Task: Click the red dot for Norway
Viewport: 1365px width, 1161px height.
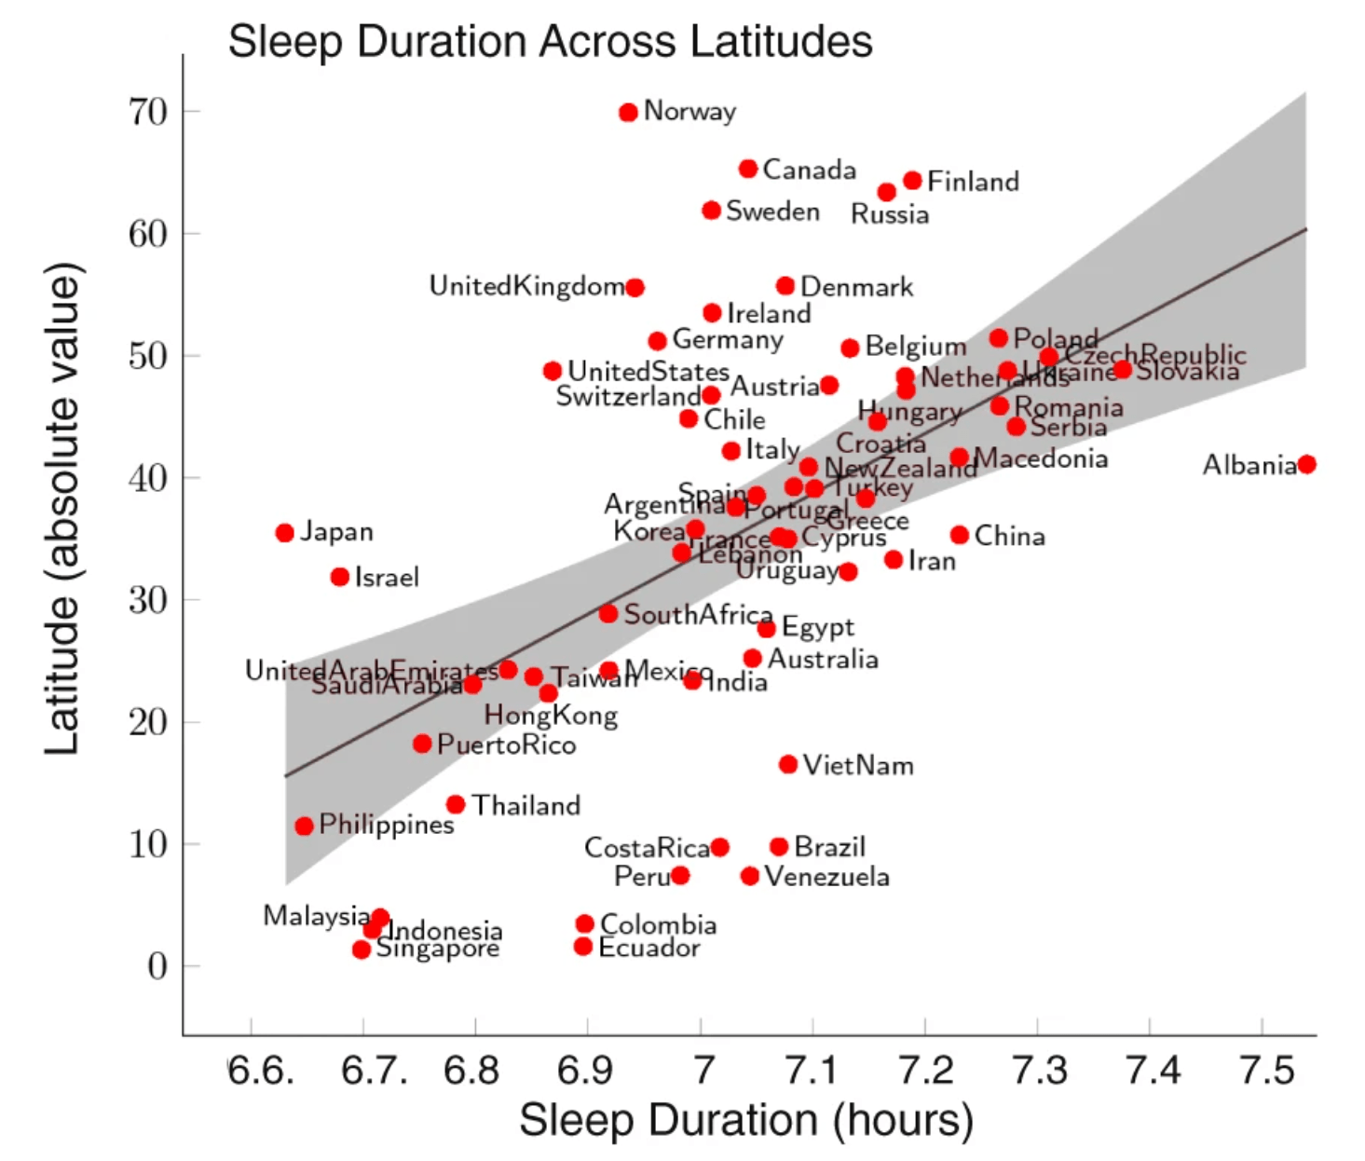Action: pyautogui.click(x=628, y=113)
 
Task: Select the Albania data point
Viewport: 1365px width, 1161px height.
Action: pyautogui.click(x=1306, y=464)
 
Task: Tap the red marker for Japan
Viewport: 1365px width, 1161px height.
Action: pyautogui.click(x=285, y=533)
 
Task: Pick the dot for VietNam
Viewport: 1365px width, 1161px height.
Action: pyautogui.click(x=788, y=765)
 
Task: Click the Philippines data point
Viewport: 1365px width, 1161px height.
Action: pyautogui.click(x=304, y=826)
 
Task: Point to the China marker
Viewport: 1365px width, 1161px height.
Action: pyautogui.click(x=960, y=535)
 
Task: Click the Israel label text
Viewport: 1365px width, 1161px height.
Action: pyautogui.click(x=387, y=578)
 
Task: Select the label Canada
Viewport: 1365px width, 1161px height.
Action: pyautogui.click(x=809, y=170)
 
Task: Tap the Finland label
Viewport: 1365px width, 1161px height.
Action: pyautogui.click(x=973, y=182)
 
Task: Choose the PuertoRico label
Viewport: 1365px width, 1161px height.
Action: pyautogui.click(x=506, y=744)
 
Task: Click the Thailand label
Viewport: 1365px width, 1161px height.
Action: pyautogui.click(x=526, y=805)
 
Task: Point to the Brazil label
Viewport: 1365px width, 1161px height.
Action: pyautogui.click(x=829, y=847)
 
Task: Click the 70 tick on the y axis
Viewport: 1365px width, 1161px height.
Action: pyautogui.click(x=148, y=112)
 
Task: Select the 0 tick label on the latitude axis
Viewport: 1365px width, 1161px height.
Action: pyautogui.click(x=157, y=966)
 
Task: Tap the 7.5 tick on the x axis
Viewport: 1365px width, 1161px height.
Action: pyautogui.click(x=1266, y=1071)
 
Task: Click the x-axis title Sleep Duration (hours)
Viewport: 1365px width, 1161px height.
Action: pyautogui.click(x=745, y=1119)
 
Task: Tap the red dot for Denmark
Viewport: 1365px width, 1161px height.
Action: pyautogui.click(x=785, y=286)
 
